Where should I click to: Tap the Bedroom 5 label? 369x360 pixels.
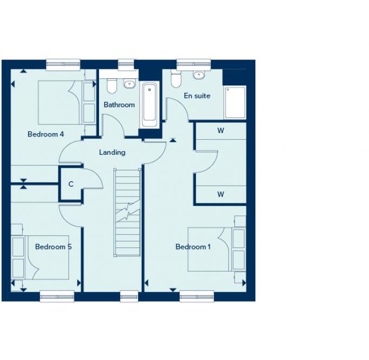(x=54, y=247)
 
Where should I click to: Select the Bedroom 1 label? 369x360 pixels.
(x=193, y=247)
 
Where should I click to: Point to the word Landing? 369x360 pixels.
(x=112, y=153)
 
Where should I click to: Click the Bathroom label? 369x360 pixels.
(x=119, y=104)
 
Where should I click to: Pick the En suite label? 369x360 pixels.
(x=197, y=96)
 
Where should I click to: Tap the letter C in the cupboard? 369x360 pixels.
(x=71, y=184)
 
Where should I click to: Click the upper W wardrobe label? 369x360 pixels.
(x=221, y=130)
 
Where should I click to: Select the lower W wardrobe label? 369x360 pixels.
(x=221, y=194)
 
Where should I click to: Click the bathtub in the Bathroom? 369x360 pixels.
(x=149, y=104)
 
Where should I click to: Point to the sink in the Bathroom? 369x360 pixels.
(x=129, y=83)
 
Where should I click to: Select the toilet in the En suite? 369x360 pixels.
(x=175, y=80)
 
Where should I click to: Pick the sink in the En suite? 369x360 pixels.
(x=199, y=75)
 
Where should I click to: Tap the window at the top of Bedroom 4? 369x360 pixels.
(x=63, y=64)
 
